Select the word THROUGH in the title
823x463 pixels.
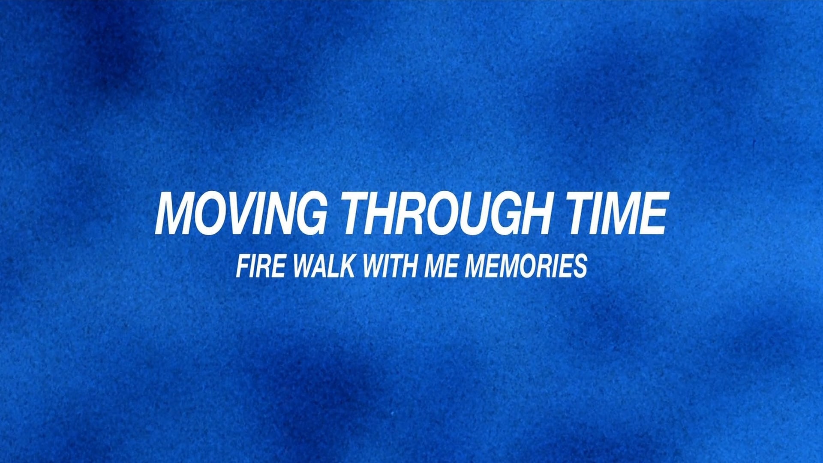[x=446, y=213]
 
